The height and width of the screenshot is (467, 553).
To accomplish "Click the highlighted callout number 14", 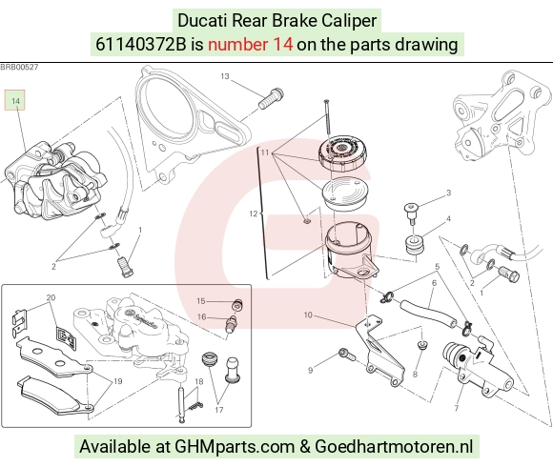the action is coord(15,100).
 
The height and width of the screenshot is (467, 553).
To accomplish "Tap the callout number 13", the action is coord(225,76).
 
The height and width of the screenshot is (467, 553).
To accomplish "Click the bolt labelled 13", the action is coord(271,98).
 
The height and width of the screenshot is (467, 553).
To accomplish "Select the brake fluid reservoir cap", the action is coord(342,152).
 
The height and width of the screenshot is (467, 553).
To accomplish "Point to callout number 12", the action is coord(254,213).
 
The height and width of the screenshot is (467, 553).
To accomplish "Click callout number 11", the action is coord(265,152).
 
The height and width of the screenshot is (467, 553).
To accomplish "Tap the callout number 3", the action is coord(449,193).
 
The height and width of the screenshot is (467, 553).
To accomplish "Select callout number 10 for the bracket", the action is coord(308,315).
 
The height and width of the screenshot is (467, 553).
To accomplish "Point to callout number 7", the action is coord(457,408).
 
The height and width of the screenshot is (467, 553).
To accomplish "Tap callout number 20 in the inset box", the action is coord(51,297).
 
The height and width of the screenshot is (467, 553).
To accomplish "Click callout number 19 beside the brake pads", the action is coord(118,381).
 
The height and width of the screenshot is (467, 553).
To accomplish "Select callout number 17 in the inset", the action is coord(219,410).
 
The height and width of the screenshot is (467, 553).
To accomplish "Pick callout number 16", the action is coord(201,316).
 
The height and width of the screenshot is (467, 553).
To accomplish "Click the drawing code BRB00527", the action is coord(19,67).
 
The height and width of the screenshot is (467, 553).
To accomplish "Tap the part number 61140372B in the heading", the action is coord(140,45).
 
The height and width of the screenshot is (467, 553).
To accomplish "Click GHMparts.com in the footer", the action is coord(235,446).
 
